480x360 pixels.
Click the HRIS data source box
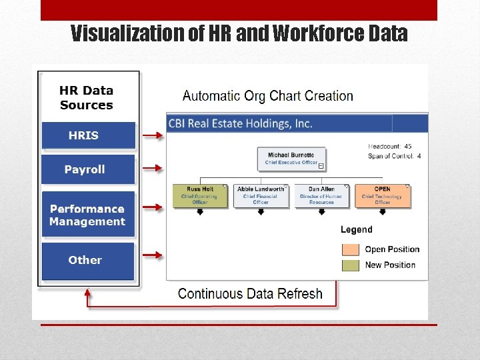(x=88, y=135)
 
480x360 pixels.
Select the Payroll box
(x=88, y=169)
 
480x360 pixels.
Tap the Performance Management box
(x=88, y=215)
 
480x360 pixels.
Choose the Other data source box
(x=88, y=260)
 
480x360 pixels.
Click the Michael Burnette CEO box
(x=291, y=159)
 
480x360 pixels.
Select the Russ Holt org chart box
(x=200, y=195)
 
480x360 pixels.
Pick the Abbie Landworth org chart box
(x=260, y=195)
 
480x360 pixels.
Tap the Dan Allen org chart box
(x=321, y=195)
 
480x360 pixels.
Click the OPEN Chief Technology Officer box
(x=382, y=195)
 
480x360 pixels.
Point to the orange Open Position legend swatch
(x=351, y=249)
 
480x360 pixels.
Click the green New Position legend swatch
(x=351, y=265)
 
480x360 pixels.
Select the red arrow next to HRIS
(x=153, y=135)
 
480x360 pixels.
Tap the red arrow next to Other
(x=153, y=254)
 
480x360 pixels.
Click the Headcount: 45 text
(x=389, y=146)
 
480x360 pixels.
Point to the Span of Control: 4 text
(x=395, y=156)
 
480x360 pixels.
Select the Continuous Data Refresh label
(x=250, y=293)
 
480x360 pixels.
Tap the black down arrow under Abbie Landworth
(x=260, y=212)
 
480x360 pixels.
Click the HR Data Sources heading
(x=87, y=97)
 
